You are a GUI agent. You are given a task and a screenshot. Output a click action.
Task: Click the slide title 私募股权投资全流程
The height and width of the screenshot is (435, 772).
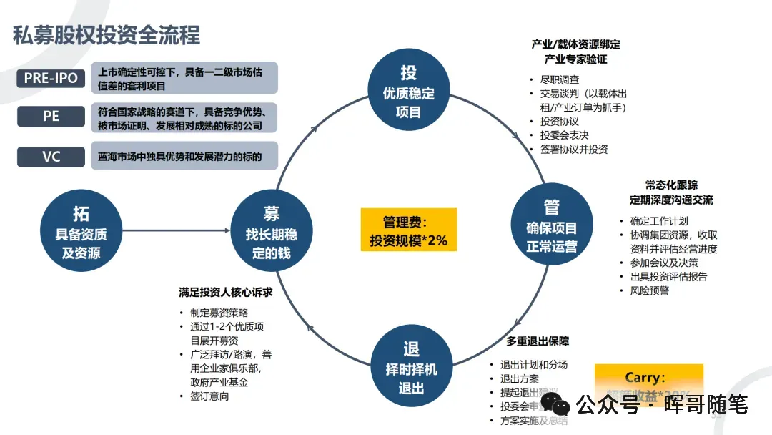(x=107, y=34)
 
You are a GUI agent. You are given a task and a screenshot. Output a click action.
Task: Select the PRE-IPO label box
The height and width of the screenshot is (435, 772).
(x=51, y=78)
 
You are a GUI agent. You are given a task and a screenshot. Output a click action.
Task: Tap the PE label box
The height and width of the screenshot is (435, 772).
(x=51, y=115)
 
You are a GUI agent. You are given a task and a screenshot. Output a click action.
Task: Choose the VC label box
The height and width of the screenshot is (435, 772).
(x=51, y=155)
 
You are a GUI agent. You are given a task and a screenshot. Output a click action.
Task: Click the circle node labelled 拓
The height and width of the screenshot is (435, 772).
(x=81, y=230)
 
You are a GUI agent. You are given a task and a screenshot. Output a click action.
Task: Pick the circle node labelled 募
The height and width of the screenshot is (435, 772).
(x=272, y=230)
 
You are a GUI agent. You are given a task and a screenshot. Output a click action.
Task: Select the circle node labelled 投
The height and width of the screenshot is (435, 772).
(x=408, y=91)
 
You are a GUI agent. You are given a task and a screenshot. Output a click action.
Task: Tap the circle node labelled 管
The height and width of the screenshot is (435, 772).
(x=551, y=226)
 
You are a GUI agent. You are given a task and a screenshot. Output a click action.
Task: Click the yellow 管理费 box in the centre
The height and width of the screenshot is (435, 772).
(x=408, y=230)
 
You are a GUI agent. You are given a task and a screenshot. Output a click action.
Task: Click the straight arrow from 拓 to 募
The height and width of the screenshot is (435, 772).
(x=175, y=230)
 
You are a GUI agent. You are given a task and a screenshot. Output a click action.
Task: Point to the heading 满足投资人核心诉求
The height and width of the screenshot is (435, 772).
(x=226, y=293)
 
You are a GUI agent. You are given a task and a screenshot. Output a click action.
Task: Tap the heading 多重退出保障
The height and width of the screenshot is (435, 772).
(x=538, y=341)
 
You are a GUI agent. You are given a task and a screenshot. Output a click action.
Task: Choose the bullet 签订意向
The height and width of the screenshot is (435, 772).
(x=209, y=396)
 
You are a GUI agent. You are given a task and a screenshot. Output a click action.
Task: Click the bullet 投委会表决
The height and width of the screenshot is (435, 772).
(x=564, y=135)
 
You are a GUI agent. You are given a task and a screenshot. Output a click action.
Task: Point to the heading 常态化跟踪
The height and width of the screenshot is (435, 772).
(x=670, y=185)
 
